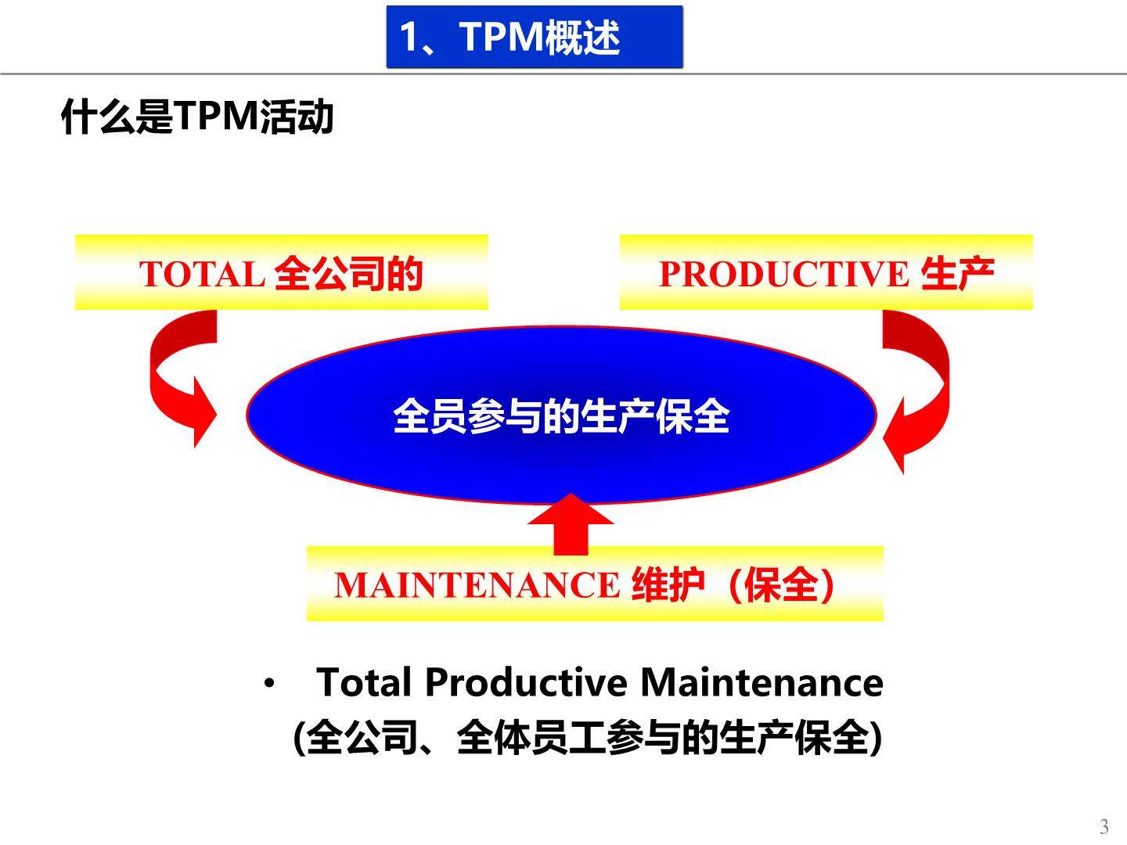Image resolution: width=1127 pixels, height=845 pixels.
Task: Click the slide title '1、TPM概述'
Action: (509, 37)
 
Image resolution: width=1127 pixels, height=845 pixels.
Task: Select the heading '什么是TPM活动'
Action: (198, 117)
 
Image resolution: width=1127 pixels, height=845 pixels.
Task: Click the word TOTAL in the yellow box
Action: (202, 274)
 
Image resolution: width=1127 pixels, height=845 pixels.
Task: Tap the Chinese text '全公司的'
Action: (349, 274)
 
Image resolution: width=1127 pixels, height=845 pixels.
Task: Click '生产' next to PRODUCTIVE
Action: (958, 274)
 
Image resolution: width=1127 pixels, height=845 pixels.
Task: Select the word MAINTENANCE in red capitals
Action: (477, 585)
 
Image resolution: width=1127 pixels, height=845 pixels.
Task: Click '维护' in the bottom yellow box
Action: (668, 585)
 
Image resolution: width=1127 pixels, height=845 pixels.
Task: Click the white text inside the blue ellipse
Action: (561, 416)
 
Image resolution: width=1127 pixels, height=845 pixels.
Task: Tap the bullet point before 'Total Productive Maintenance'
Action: (269, 683)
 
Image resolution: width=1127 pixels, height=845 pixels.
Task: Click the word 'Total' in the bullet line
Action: (364, 682)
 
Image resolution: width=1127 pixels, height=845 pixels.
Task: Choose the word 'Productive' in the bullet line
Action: (526, 682)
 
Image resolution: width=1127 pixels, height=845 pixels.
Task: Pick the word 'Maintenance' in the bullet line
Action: (762, 682)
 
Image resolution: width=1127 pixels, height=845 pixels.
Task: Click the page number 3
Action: (1104, 826)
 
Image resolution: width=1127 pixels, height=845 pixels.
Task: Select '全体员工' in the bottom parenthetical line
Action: (531, 738)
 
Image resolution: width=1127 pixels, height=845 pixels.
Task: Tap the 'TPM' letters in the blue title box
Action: (501, 37)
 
